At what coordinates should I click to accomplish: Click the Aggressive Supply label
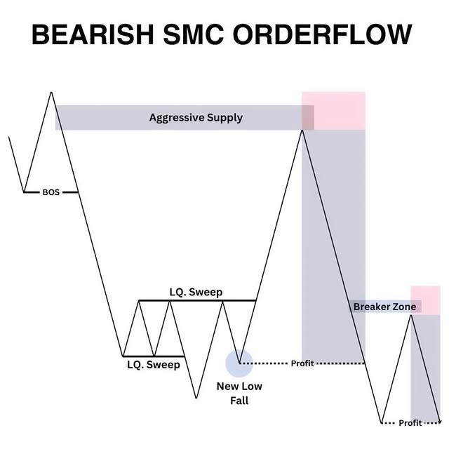pyautogui.click(x=196, y=117)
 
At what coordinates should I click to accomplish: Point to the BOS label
pyautogui.click(x=51, y=192)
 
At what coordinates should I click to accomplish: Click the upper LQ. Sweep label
pyautogui.click(x=196, y=291)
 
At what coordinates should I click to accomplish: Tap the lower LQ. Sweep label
pyautogui.click(x=154, y=365)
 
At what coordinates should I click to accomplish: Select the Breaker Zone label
pyautogui.click(x=384, y=307)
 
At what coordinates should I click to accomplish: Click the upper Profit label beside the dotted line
pyautogui.click(x=302, y=363)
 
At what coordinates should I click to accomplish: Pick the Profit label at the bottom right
pyautogui.click(x=410, y=423)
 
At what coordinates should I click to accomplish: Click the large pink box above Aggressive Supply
pyautogui.click(x=334, y=110)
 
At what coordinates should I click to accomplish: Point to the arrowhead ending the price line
pyautogui.click(x=439, y=422)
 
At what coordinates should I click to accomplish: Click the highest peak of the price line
pyautogui.click(x=51, y=92)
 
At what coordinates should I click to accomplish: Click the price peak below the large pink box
pyautogui.click(x=302, y=130)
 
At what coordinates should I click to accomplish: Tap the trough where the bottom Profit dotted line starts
pyautogui.click(x=382, y=423)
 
